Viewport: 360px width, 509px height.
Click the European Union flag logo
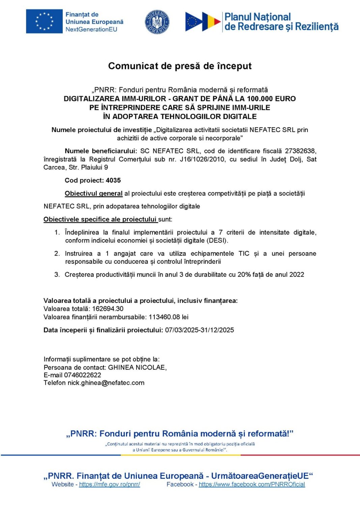pos(44,21)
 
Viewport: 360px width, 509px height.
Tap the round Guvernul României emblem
pos(157,22)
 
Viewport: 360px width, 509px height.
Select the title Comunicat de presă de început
pos(180,66)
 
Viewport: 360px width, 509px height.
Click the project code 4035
pos(113,181)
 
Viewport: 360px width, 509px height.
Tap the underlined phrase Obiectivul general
pos(94,194)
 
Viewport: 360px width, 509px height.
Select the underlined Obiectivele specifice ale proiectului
pos(100,220)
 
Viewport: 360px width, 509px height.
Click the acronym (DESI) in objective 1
pos(217,241)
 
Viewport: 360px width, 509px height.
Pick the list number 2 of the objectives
pos(57,254)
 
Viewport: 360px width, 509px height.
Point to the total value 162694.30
pos(108,309)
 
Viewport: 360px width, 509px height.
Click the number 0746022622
pos(83,375)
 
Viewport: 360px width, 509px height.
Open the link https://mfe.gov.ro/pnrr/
pos(110,485)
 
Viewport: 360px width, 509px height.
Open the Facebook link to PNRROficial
pos(252,485)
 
